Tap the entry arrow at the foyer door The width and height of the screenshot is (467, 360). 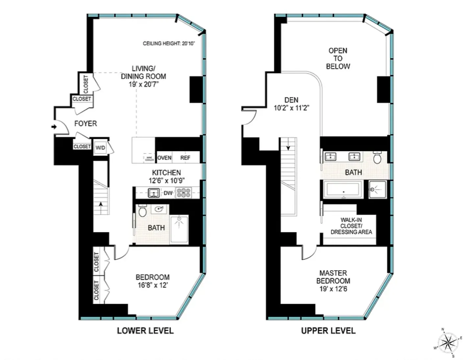pyautogui.click(x=54, y=127)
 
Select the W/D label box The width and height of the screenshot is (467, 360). pyautogui.click(x=100, y=148)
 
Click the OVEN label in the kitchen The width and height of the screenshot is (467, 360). pyautogui.click(x=164, y=158)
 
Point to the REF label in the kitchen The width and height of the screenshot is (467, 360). pyautogui.click(x=185, y=158)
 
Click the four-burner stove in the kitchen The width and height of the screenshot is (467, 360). pyautogui.click(x=184, y=193)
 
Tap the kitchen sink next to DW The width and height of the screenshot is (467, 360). pyautogui.click(x=154, y=193)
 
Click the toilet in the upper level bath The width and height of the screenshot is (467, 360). pyautogui.click(x=377, y=158)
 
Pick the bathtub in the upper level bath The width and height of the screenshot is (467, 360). pyautogui.click(x=343, y=190)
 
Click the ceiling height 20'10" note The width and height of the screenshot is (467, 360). pyautogui.click(x=169, y=43)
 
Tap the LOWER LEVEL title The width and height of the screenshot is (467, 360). pyautogui.click(x=145, y=331)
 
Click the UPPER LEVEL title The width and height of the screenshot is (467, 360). pyautogui.click(x=328, y=331)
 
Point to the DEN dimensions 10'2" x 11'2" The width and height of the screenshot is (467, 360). pyautogui.click(x=291, y=108)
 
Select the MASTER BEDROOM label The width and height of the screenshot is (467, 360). pyautogui.click(x=333, y=277)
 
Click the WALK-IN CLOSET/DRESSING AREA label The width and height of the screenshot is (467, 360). pyautogui.click(x=351, y=226)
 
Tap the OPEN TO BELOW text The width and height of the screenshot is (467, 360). pyautogui.click(x=338, y=58)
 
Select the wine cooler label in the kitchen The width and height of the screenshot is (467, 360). pyautogui.click(x=149, y=159)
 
